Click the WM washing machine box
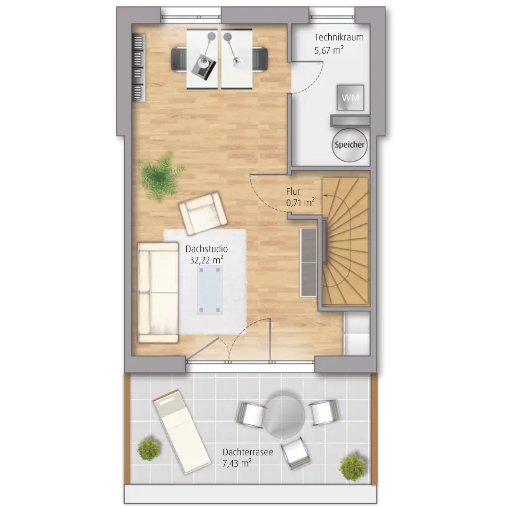[x=350, y=97]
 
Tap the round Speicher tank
[x=349, y=145]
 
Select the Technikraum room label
[x=339, y=37]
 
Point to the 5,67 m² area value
[x=329, y=50]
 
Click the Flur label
[x=293, y=191]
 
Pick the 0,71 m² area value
[x=300, y=203]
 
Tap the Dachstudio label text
[x=206, y=249]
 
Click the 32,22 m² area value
[x=206, y=260]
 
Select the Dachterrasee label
[x=248, y=452]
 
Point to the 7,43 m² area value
[x=237, y=463]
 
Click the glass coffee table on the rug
[x=210, y=290]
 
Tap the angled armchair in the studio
[x=204, y=213]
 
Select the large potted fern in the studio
[x=160, y=176]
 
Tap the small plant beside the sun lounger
[x=149, y=449]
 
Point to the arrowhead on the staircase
[x=325, y=196]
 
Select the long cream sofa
[x=158, y=293]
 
